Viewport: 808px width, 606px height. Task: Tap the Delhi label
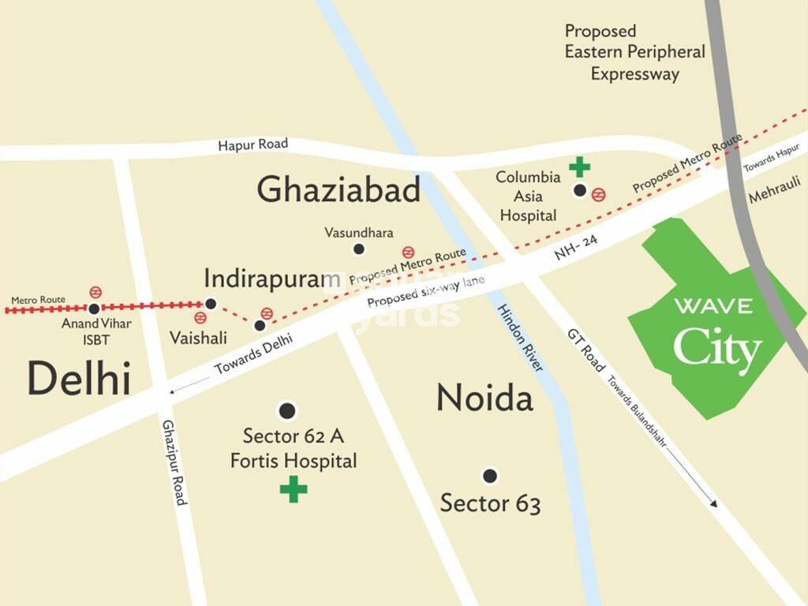[x=78, y=379]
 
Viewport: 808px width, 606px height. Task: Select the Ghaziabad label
[x=339, y=190]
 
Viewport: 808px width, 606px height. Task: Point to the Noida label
[x=484, y=398]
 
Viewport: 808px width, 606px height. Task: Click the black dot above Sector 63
[x=490, y=476]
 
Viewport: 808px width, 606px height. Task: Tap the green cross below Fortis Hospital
[x=294, y=489]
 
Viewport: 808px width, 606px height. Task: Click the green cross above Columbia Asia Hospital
[x=580, y=166]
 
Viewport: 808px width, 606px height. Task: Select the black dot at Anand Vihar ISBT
[x=94, y=309]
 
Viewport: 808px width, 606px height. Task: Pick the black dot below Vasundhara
[x=358, y=249]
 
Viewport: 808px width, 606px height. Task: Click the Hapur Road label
[x=252, y=144]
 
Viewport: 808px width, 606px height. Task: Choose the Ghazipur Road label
[x=174, y=462]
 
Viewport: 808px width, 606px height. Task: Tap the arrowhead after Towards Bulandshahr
[x=713, y=503]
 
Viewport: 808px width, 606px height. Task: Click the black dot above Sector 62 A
[x=287, y=410]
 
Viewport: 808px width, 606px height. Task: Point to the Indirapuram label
[x=265, y=279]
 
